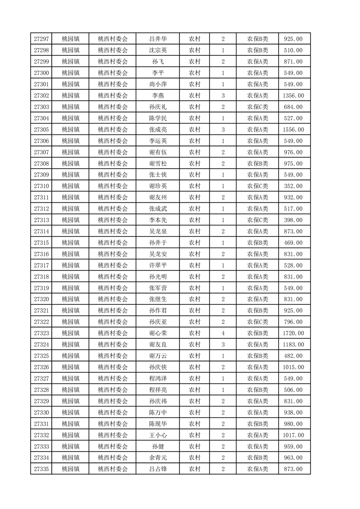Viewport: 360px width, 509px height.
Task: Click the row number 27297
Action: pyautogui.click(x=41, y=39)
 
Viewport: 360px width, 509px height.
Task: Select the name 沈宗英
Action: pyautogui.click(x=158, y=50)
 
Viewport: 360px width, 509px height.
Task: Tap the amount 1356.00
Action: pyautogui.click(x=293, y=96)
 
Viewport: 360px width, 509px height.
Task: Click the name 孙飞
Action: pyautogui.click(x=158, y=62)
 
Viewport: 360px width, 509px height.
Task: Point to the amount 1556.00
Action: pyautogui.click(x=293, y=130)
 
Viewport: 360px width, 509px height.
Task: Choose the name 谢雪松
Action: pyautogui.click(x=158, y=163)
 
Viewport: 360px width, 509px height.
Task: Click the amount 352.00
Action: pyautogui.click(x=293, y=186)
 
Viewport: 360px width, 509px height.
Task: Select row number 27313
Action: pyautogui.click(x=41, y=220)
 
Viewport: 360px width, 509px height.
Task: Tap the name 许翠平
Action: pyautogui.click(x=158, y=265)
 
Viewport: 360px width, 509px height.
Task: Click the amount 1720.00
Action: pyautogui.click(x=293, y=333)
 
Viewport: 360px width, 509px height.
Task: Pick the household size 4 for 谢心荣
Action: pyautogui.click(x=223, y=333)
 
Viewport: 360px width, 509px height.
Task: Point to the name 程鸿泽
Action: pyautogui.click(x=158, y=378)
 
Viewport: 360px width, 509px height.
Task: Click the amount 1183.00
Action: pyautogui.click(x=293, y=344)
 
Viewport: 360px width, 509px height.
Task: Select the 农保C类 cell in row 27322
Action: pyautogui.click(x=257, y=322)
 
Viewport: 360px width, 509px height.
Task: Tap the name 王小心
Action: pyautogui.click(x=158, y=435)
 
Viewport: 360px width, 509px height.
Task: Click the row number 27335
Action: pyautogui.click(x=41, y=469)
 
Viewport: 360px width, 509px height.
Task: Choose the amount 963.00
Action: pyautogui.click(x=293, y=457)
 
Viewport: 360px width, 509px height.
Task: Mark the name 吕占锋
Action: pyautogui.click(x=158, y=469)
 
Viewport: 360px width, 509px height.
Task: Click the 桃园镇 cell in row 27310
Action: pyautogui.click(x=70, y=186)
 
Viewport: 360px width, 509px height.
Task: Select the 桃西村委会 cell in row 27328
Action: pyautogui.click(x=113, y=390)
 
